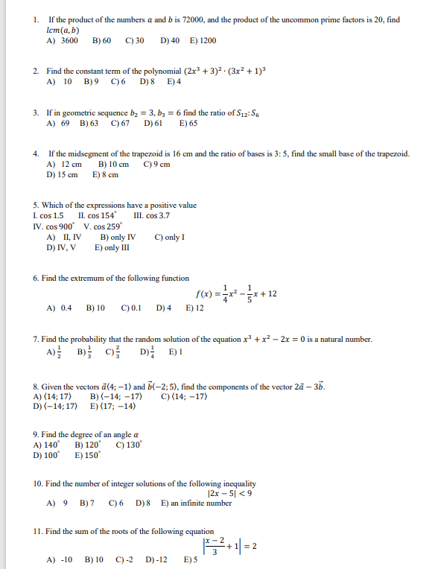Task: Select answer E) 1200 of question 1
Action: point(203,40)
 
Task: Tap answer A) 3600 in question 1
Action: point(63,40)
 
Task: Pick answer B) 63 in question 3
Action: point(89,123)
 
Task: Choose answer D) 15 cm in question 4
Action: point(63,175)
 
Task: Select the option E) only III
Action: point(110,248)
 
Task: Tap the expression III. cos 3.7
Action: point(150,215)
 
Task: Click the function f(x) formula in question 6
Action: point(235,293)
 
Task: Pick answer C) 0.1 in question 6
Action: point(131,308)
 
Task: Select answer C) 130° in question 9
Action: point(130,445)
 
